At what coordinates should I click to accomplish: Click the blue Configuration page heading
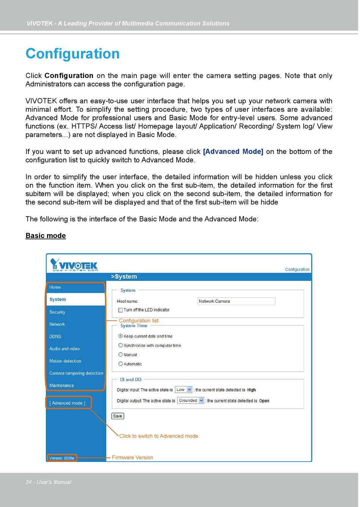tap(72, 54)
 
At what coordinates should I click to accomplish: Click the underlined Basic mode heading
tap(45, 235)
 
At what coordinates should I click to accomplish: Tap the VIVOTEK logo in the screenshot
tap(74, 264)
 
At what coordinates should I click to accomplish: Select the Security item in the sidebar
tap(57, 312)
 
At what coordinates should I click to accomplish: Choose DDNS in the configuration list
tap(55, 336)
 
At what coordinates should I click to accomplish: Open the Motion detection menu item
tap(65, 361)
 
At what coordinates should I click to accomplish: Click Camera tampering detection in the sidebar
tap(76, 373)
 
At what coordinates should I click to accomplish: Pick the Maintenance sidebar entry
tap(61, 385)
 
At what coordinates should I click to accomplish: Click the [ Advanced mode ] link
tap(67, 403)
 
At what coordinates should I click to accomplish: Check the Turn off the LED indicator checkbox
tap(121, 310)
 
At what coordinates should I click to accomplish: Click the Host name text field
tap(236, 301)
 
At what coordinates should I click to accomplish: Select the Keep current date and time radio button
tap(121, 336)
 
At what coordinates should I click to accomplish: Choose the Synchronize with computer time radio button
tap(121, 345)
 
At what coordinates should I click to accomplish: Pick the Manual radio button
tap(121, 355)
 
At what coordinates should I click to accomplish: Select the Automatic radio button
tap(121, 364)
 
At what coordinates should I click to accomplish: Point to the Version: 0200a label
tap(62, 458)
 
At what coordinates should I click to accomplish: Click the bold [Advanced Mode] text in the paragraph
tap(233, 152)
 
